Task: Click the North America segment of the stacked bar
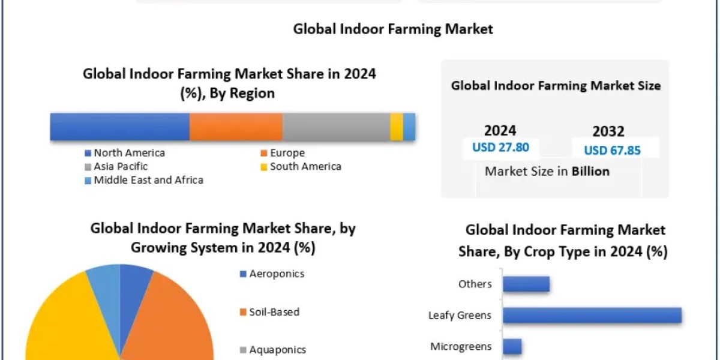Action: point(119,127)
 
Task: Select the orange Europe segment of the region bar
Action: point(236,127)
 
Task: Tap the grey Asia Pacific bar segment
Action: point(336,127)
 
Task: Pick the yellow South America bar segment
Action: point(397,127)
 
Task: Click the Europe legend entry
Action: point(287,153)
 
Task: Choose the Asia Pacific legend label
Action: point(121,166)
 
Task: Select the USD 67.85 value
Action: point(613,150)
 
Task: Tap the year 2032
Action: point(608,131)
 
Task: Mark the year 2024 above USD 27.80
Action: point(500,130)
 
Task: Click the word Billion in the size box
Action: point(590,172)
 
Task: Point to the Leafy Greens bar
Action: point(592,315)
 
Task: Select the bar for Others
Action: point(526,284)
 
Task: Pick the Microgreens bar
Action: point(512,346)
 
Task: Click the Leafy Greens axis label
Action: point(460,315)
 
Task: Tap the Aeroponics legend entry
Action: point(277,274)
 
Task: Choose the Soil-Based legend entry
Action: point(274,312)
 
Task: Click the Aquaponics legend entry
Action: point(277,350)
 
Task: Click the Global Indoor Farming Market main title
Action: point(393,29)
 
